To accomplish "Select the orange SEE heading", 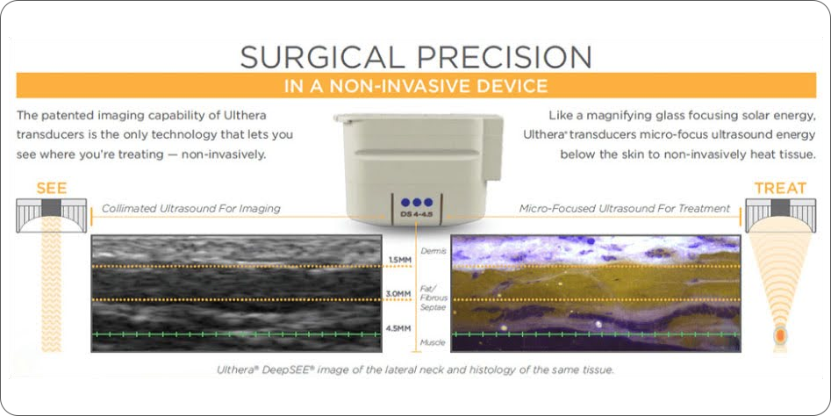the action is pos(52,188).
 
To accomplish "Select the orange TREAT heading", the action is pos(780,188).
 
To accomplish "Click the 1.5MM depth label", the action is pos(399,260).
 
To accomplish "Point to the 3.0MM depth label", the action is pos(399,294).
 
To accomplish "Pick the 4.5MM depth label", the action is pos(398,328).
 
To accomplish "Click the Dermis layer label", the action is pos(433,251).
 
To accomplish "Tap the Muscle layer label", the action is pos(433,343).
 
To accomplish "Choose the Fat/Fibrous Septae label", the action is pos(433,298).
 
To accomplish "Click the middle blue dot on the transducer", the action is pos(417,203).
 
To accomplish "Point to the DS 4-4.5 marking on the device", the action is pos(416,214).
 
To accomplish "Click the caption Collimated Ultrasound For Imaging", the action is pos(190,209).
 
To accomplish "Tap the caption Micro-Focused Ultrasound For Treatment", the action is pos(624,209).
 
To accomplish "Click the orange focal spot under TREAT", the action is pos(780,335).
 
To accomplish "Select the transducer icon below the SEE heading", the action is pos(52,214).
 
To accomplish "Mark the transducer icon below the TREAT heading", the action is pos(780,214).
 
